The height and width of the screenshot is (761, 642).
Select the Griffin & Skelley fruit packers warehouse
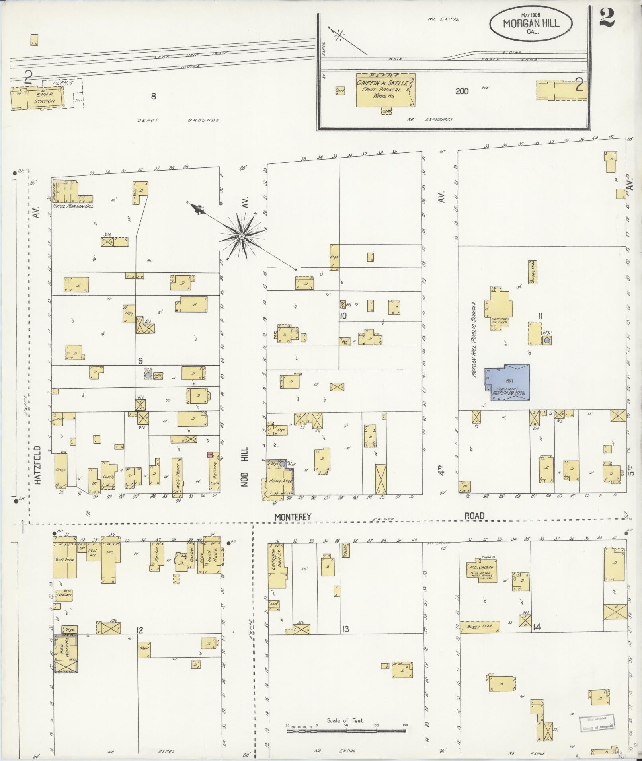coord(384,90)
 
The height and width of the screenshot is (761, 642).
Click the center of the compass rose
coord(241,237)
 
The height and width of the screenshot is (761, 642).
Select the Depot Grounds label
coord(178,120)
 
